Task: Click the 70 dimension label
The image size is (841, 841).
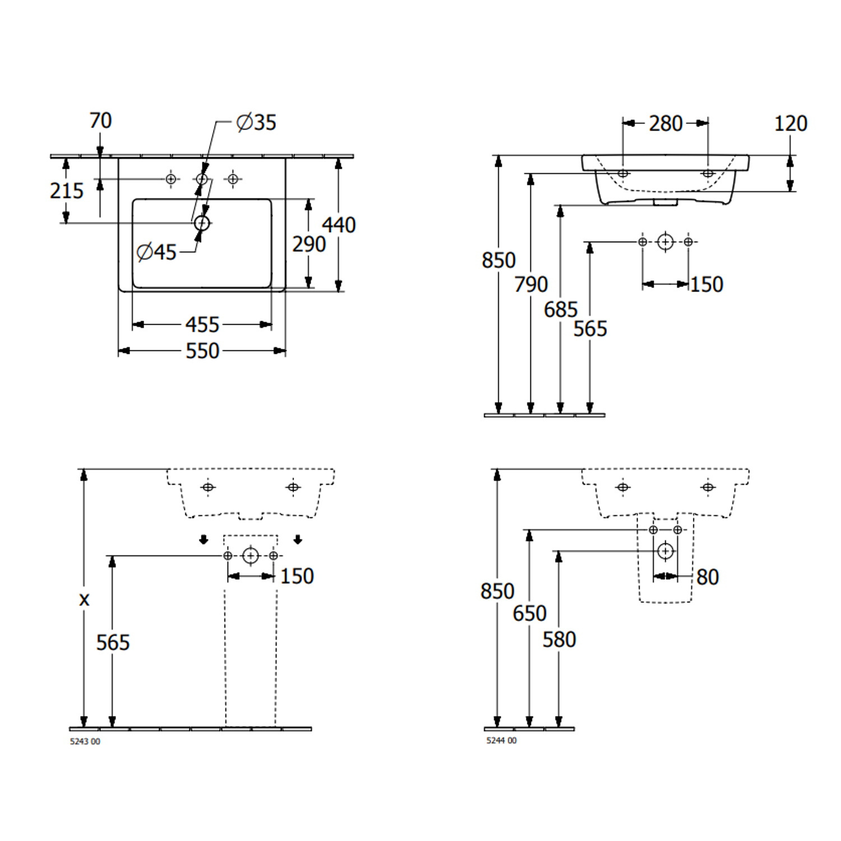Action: click(101, 121)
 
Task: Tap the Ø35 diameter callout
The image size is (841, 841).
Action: click(256, 122)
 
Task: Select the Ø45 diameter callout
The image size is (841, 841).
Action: click(156, 252)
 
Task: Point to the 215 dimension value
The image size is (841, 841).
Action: click(66, 191)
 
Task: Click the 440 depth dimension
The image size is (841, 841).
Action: click(339, 225)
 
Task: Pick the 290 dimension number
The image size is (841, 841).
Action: click(309, 244)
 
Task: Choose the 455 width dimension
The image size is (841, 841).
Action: click(202, 325)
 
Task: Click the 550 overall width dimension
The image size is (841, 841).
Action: click(202, 351)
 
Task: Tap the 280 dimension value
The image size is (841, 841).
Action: click(666, 123)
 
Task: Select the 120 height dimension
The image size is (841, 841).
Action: click(791, 123)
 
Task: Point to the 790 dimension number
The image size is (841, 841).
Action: click(531, 285)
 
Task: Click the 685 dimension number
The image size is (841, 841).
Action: click(560, 309)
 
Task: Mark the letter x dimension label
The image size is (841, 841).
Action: click(84, 599)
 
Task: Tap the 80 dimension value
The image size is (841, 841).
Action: click(708, 577)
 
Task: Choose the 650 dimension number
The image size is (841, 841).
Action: click(529, 613)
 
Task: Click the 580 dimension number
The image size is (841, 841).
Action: click(559, 640)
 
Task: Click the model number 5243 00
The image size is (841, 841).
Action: click(85, 741)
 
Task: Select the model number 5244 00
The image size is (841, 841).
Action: click(501, 741)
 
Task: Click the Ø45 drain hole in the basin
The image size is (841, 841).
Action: click(202, 223)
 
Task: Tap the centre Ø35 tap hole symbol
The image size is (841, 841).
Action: click(202, 179)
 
